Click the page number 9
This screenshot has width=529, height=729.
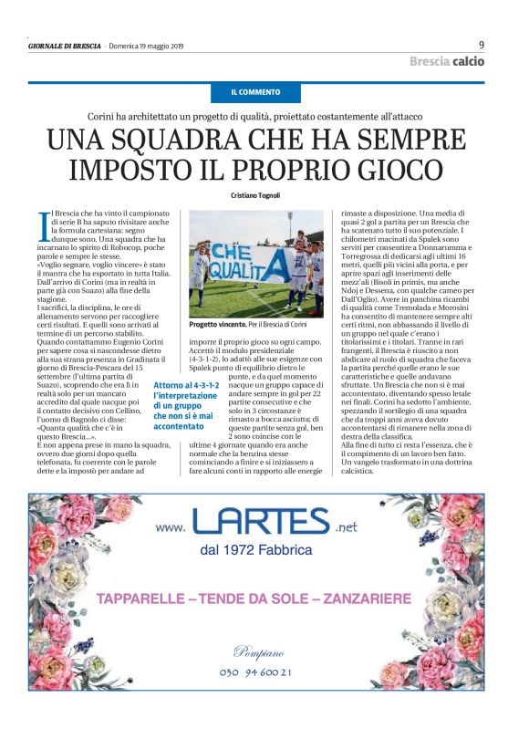(x=481, y=45)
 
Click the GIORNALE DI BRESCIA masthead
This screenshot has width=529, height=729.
(x=64, y=46)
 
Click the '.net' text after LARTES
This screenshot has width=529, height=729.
(x=347, y=526)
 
